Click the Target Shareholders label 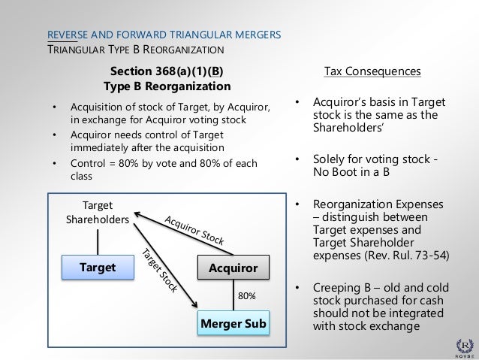point(96,212)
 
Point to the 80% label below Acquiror point(246,296)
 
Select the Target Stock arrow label point(157,269)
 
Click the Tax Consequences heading point(372,72)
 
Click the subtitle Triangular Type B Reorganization point(136,51)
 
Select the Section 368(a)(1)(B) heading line point(166,72)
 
